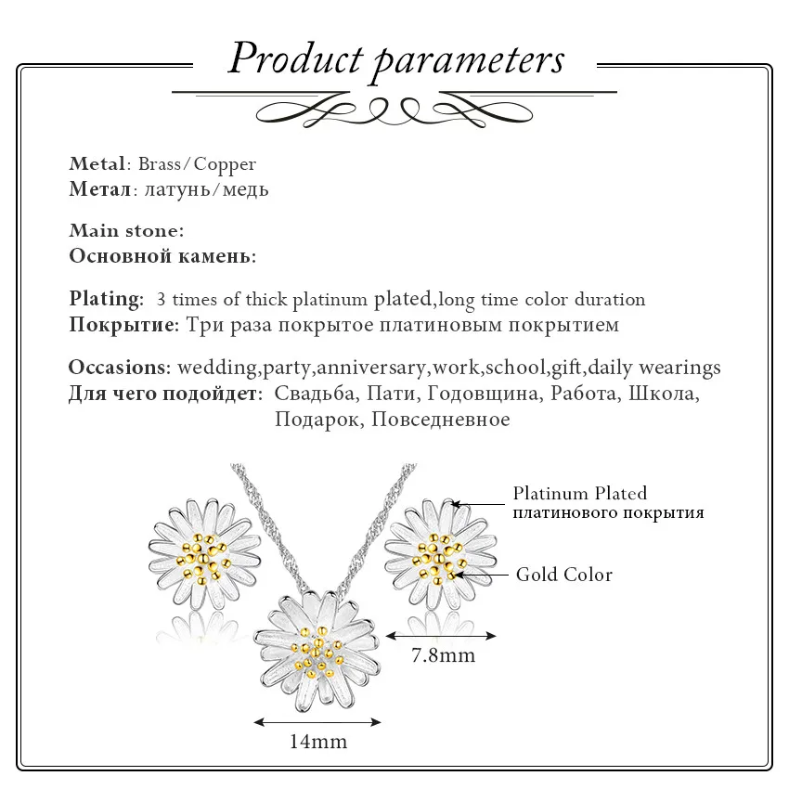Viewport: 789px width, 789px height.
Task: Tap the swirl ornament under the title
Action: click(x=394, y=111)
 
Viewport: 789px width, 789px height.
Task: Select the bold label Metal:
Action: click(x=97, y=164)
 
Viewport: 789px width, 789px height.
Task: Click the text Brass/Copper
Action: click(x=197, y=164)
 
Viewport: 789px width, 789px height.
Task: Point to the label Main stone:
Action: click(x=126, y=230)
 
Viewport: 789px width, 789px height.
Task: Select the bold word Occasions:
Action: click(x=119, y=367)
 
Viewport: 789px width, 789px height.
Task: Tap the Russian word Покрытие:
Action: click(x=123, y=325)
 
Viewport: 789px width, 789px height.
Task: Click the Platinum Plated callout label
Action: click(x=580, y=494)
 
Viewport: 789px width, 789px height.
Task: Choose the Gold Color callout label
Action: click(x=564, y=575)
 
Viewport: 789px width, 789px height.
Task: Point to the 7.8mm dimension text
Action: click(x=443, y=655)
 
